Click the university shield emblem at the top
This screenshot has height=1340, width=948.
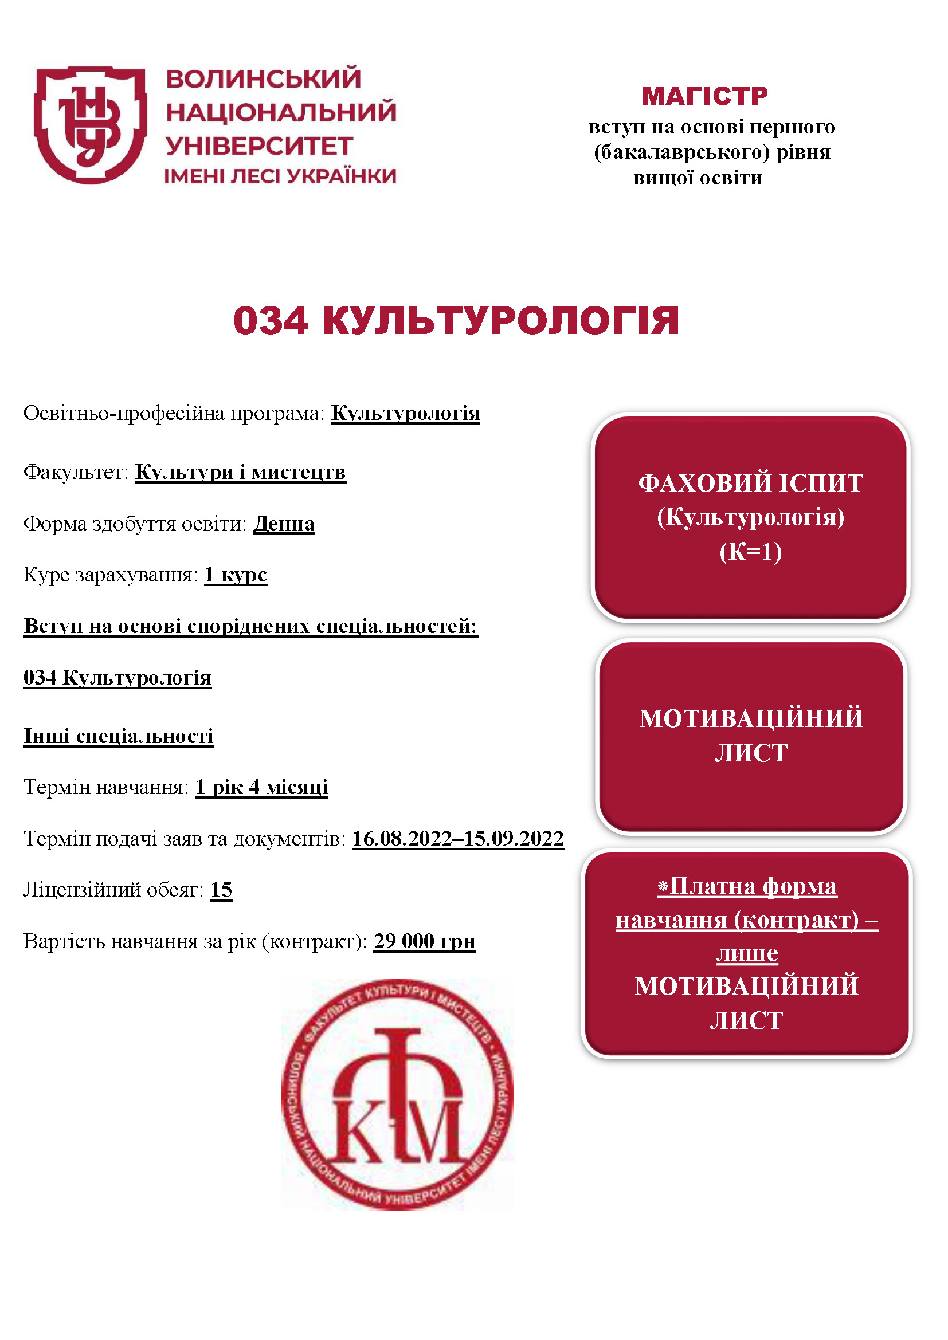tap(90, 124)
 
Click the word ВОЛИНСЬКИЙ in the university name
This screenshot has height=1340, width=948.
tap(263, 80)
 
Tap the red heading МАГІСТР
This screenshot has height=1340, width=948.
tap(704, 96)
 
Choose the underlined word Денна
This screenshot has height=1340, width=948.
tap(284, 524)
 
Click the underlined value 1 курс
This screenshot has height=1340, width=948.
tap(236, 575)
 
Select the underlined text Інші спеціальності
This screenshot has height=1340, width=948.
tap(119, 736)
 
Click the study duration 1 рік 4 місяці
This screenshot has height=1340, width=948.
tap(261, 787)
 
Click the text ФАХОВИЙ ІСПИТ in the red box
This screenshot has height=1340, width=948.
tap(750, 484)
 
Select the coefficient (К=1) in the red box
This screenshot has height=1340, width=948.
tap(750, 552)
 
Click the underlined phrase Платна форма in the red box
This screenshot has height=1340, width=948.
tap(753, 886)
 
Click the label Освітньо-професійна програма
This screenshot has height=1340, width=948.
tap(173, 413)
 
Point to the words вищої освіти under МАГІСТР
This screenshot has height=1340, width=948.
tap(698, 178)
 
